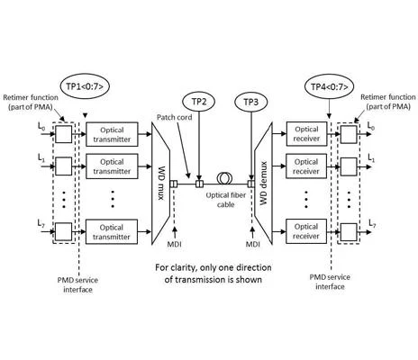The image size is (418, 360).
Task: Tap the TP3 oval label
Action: [250, 102]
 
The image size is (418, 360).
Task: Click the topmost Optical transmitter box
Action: [112, 134]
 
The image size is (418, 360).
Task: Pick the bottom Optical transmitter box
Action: [112, 231]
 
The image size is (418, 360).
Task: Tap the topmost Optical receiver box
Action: [306, 134]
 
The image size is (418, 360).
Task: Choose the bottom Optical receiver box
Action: [306, 231]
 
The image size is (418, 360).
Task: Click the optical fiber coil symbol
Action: [226, 178]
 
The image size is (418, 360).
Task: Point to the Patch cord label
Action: [175, 117]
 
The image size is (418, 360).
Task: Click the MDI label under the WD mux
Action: [174, 244]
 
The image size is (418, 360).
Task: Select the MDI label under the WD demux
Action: [253, 244]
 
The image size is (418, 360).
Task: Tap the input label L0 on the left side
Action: [41, 126]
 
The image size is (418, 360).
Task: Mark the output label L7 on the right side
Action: [372, 223]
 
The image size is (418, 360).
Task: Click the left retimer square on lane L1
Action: [64, 166]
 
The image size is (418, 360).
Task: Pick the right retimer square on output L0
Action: [349, 134]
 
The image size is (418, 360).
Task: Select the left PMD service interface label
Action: [77, 284]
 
